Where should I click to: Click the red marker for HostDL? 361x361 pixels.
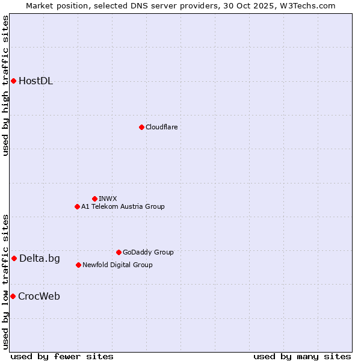coord(13,81)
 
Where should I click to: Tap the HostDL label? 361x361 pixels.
coord(35,81)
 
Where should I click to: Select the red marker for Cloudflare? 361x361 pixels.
coord(141,127)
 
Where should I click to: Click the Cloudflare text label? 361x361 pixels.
coord(161,127)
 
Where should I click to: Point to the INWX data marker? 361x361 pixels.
coord(94,199)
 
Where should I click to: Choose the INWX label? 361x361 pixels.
coord(108,199)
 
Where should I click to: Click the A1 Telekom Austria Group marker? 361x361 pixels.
coord(77,206)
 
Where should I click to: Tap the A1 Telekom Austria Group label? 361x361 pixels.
coord(123,206)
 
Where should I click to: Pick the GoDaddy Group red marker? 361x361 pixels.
coord(119,252)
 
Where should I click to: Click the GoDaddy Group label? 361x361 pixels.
coord(148,252)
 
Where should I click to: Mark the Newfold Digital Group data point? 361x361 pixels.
coord(78,265)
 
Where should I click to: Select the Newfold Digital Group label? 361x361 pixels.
coord(117,265)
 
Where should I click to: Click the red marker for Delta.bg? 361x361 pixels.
coord(14,258)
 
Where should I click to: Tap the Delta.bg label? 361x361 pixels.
coord(39,259)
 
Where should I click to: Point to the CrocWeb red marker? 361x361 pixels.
coord(13,296)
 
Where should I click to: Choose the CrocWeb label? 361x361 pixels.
coord(39,297)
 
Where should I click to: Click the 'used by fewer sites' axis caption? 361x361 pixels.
coord(62,356)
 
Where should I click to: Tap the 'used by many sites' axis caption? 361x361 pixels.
coord(302,356)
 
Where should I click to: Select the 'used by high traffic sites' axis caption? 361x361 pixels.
coord(6,85)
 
